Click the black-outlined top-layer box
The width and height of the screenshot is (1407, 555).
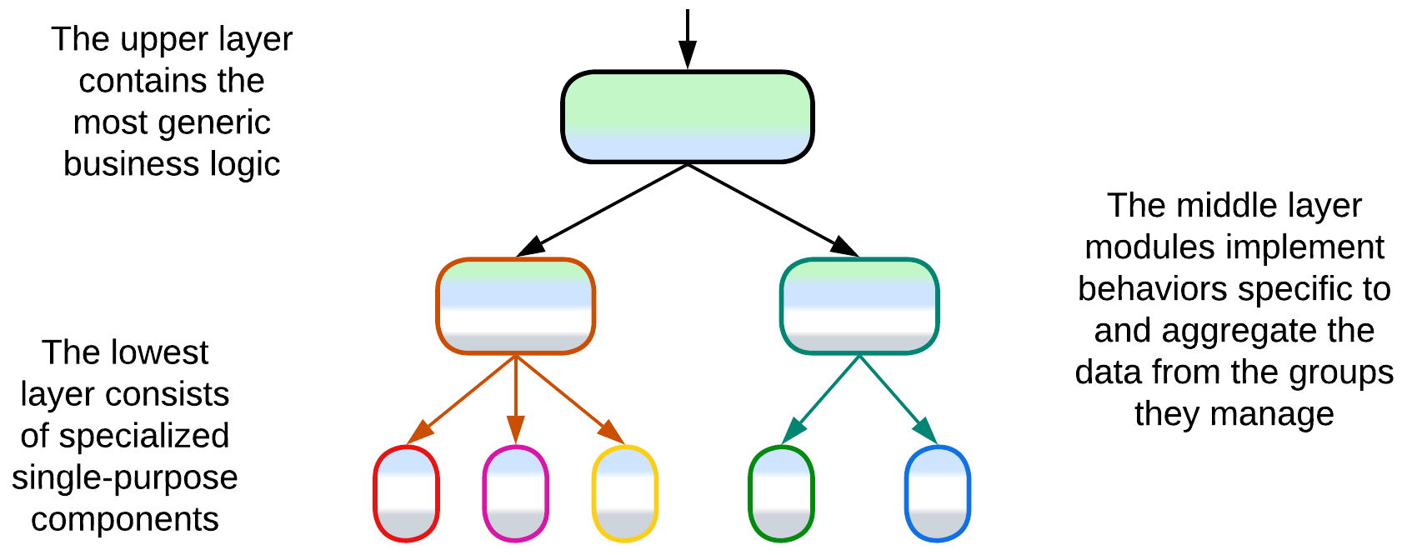click(687, 117)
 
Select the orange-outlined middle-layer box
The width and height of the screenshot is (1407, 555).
click(515, 306)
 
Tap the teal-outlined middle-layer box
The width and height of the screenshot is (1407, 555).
click(859, 306)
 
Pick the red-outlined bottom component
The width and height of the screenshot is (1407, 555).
click(406, 493)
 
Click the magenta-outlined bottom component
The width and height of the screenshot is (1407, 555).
click(515, 493)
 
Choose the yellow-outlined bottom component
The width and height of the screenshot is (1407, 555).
click(624, 493)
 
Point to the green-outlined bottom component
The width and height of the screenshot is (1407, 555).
click(781, 493)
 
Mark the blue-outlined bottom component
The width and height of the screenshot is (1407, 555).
click(937, 493)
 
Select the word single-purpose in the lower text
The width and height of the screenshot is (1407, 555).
click(124, 477)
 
